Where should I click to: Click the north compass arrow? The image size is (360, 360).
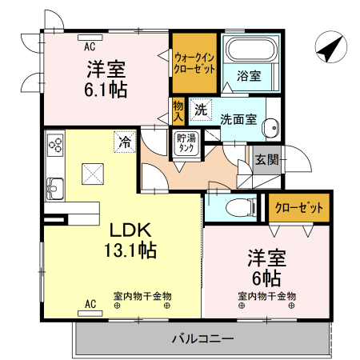(x=329, y=47)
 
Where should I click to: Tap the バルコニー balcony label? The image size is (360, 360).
(x=202, y=338)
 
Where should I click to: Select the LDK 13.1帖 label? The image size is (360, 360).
(x=129, y=238)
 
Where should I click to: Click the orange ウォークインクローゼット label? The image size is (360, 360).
(x=194, y=63)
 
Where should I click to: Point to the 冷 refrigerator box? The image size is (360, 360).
(x=125, y=142)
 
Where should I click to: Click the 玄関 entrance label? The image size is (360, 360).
(x=266, y=158)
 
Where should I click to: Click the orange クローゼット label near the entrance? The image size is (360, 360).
(x=299, y=208)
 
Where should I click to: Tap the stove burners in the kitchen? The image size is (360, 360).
(x=56, y=144)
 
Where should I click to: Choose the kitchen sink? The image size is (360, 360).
(x=56, y=189)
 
